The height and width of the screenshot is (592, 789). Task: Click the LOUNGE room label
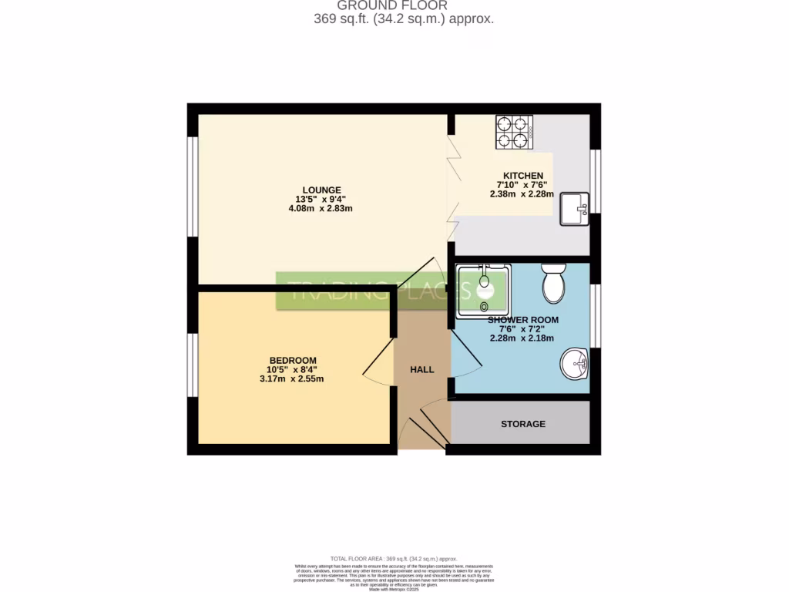(x=321, y=190)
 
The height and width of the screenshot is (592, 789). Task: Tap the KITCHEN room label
(x=523, y=176)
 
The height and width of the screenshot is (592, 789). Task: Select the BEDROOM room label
(x=293, y=361)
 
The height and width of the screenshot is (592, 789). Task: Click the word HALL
(x=421, y=370)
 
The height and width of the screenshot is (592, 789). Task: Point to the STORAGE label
(x=522, y=424)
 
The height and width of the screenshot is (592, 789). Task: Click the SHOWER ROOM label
(x=522, y=320)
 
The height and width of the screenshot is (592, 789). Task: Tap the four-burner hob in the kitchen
(x=515, y=131)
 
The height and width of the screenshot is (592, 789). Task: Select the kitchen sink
(x=574, y=209)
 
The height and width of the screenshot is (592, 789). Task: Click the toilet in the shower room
(x=554, y=284)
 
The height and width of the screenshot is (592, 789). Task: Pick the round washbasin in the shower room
(x=574, y=363)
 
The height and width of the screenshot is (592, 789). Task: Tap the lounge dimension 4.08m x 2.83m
(x=321, y=208)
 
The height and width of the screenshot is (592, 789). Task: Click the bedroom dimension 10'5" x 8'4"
(x=293, y=370)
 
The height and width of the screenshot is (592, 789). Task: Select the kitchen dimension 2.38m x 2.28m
(x=523, y=194)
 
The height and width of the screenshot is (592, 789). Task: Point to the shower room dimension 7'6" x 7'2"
(x=522, y=329)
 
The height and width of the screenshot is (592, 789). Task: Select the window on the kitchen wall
(x=596, y=180)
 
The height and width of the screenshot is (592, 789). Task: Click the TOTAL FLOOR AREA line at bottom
(x=394, y=559)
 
